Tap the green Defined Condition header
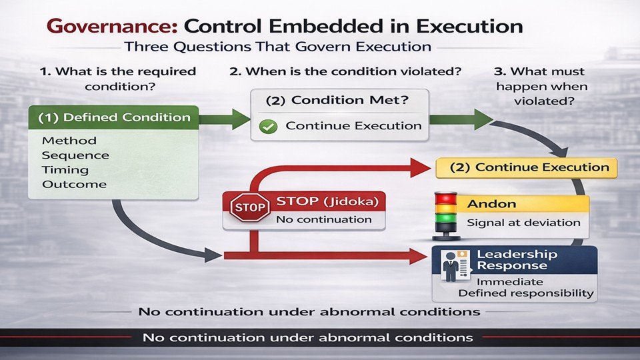[113, 117]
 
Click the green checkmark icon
[268, 126]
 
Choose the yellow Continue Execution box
[527, 167]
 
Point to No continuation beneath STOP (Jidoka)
[323, 219]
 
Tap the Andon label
[491, 204]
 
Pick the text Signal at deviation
[523, 223]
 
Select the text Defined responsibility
[525, 293]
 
